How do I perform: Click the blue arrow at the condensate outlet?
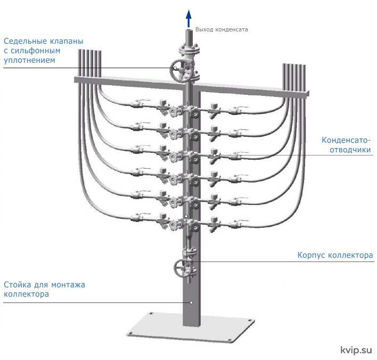tap(188, 19)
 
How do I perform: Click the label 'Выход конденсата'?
tap(222, 30)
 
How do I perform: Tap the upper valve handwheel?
tap(182, 70)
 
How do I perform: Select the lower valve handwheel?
tap(182, 268)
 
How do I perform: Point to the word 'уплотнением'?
tap(29, 60)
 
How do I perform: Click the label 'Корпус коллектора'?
tap(335, 255)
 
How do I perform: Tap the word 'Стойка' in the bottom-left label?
tap(18, 285)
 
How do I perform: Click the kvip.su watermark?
tap(356, 350)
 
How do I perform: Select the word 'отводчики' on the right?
tap(350, 150)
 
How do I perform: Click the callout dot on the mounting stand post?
tap(191, 302)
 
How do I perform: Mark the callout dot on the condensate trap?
tap(215, 156)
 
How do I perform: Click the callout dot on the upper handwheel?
tap(176, 68)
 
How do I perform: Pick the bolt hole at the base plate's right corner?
tap(250, 321)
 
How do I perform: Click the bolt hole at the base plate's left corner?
tap(130, 333)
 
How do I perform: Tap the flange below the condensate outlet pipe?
tap(189, 50)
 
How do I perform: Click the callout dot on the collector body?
tap(186, 216)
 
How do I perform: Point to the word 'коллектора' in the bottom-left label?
tap(26, 294)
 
